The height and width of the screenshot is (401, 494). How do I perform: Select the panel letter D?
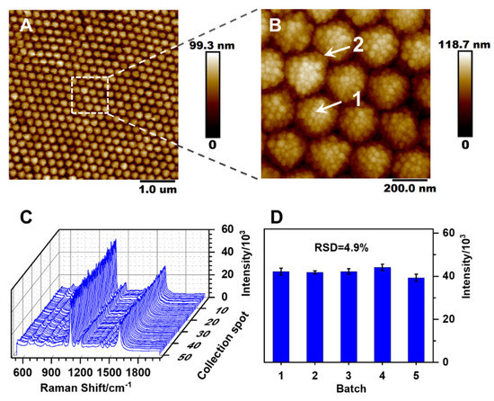click(x=275, y=217)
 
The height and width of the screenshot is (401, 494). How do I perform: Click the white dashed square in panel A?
click(x=89, y=95)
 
